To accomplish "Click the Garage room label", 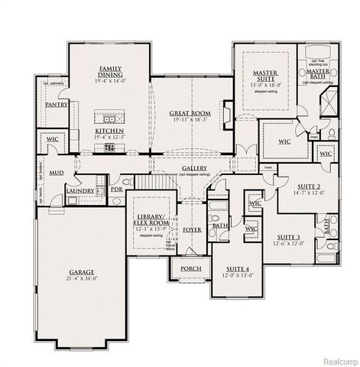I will (x=82, y=271).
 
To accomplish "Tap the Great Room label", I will (x=190, y=113).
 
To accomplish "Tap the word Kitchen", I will (x=109, y=131).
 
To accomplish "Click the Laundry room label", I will (x=79, y=190).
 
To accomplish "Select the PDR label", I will (x=116, y=190).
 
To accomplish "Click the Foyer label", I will (x=193, y=229).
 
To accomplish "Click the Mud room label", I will (x=56, y=174).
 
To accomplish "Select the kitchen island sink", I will (x=109, y=119).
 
